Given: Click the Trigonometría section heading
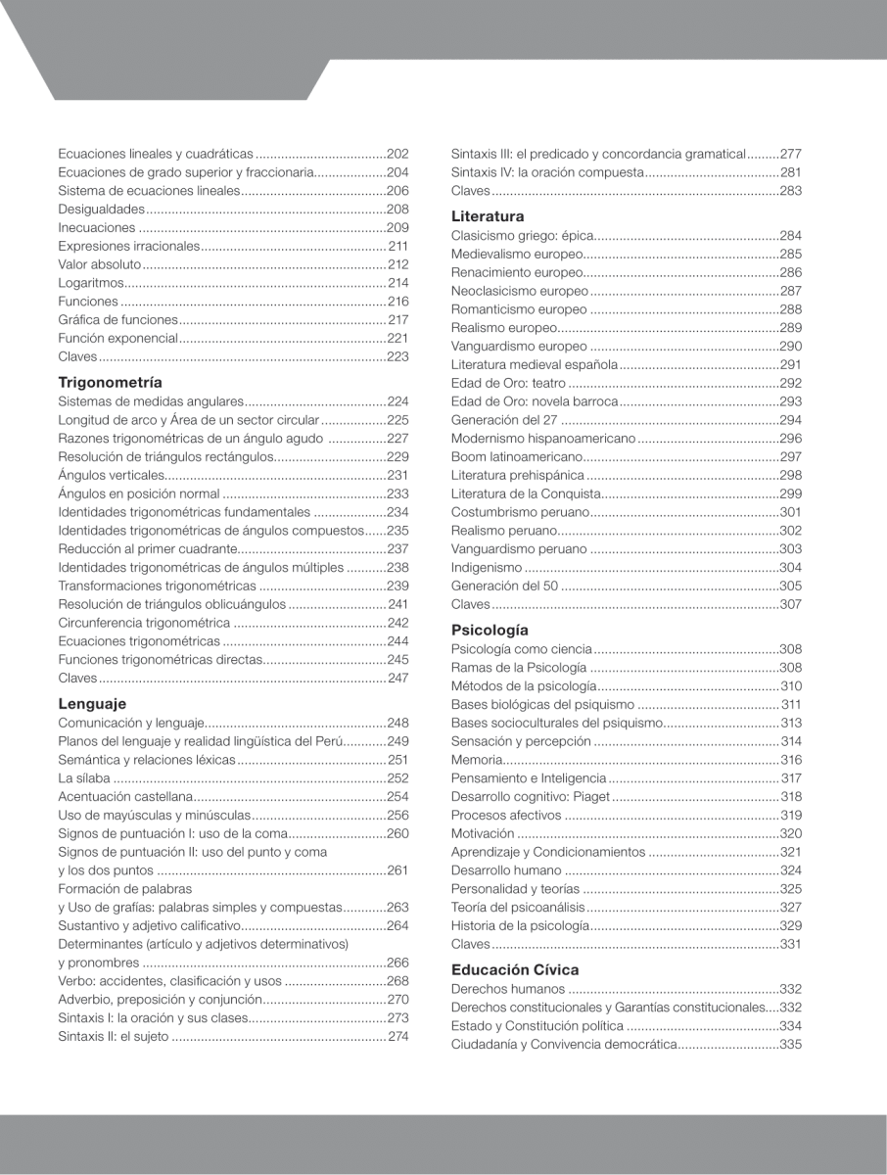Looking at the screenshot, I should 110,382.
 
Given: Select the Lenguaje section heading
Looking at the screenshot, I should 92,703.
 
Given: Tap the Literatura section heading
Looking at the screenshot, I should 488,216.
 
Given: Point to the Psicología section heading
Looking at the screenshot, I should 490,630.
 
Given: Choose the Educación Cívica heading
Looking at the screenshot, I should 515,969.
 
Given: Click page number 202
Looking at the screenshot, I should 397,154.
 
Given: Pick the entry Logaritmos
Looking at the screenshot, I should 91,283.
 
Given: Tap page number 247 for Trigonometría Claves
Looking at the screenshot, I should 397,678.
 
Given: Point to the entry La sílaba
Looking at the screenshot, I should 84,777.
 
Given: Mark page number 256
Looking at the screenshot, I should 397,815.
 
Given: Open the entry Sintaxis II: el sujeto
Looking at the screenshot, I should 114,1036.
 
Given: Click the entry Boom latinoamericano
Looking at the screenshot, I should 516,457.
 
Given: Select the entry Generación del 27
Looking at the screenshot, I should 503,420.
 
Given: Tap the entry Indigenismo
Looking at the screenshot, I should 487,568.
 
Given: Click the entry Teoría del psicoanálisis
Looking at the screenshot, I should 518,907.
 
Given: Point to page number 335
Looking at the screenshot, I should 791,1045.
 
